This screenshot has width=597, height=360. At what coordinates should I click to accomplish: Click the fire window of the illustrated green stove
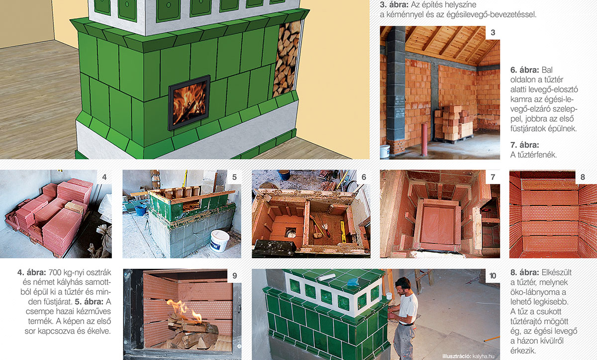coord(189,102)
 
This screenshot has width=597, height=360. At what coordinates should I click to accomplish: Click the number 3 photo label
coord(493,32)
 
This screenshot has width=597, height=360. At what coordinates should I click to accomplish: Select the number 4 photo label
coord(104,177)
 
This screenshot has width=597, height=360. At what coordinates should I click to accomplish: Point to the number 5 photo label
coord(234,177)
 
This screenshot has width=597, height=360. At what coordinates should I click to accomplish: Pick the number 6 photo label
coord(364,177)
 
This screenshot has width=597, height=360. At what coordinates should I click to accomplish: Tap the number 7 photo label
coord(493,177)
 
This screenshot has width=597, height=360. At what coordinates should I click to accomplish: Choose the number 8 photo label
coord(583,177)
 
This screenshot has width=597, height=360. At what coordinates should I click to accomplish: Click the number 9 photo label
coord(234,275)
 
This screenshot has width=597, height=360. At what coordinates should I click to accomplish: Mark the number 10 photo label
coord(493,275)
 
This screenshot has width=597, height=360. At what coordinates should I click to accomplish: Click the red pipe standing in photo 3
coord(424,139)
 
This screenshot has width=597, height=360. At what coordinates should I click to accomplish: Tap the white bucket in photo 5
coord(219,241)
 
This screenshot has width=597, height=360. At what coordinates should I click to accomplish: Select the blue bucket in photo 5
coord(141,210)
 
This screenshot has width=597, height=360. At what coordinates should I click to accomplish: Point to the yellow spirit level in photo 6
coord(343,231)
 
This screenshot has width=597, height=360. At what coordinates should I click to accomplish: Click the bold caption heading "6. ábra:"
coord(524,70)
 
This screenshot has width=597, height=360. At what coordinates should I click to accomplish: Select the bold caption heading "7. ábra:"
coord(524,145)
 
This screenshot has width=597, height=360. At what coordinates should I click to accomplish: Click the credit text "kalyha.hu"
coord(483,356)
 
